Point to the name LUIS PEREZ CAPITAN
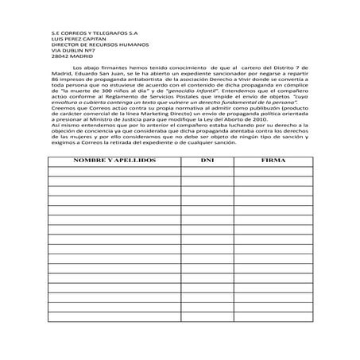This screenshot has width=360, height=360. [x=78, y=56]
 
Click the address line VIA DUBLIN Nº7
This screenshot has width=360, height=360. [x=70, y=69]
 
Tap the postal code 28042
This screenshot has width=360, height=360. [x=58, y=75]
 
